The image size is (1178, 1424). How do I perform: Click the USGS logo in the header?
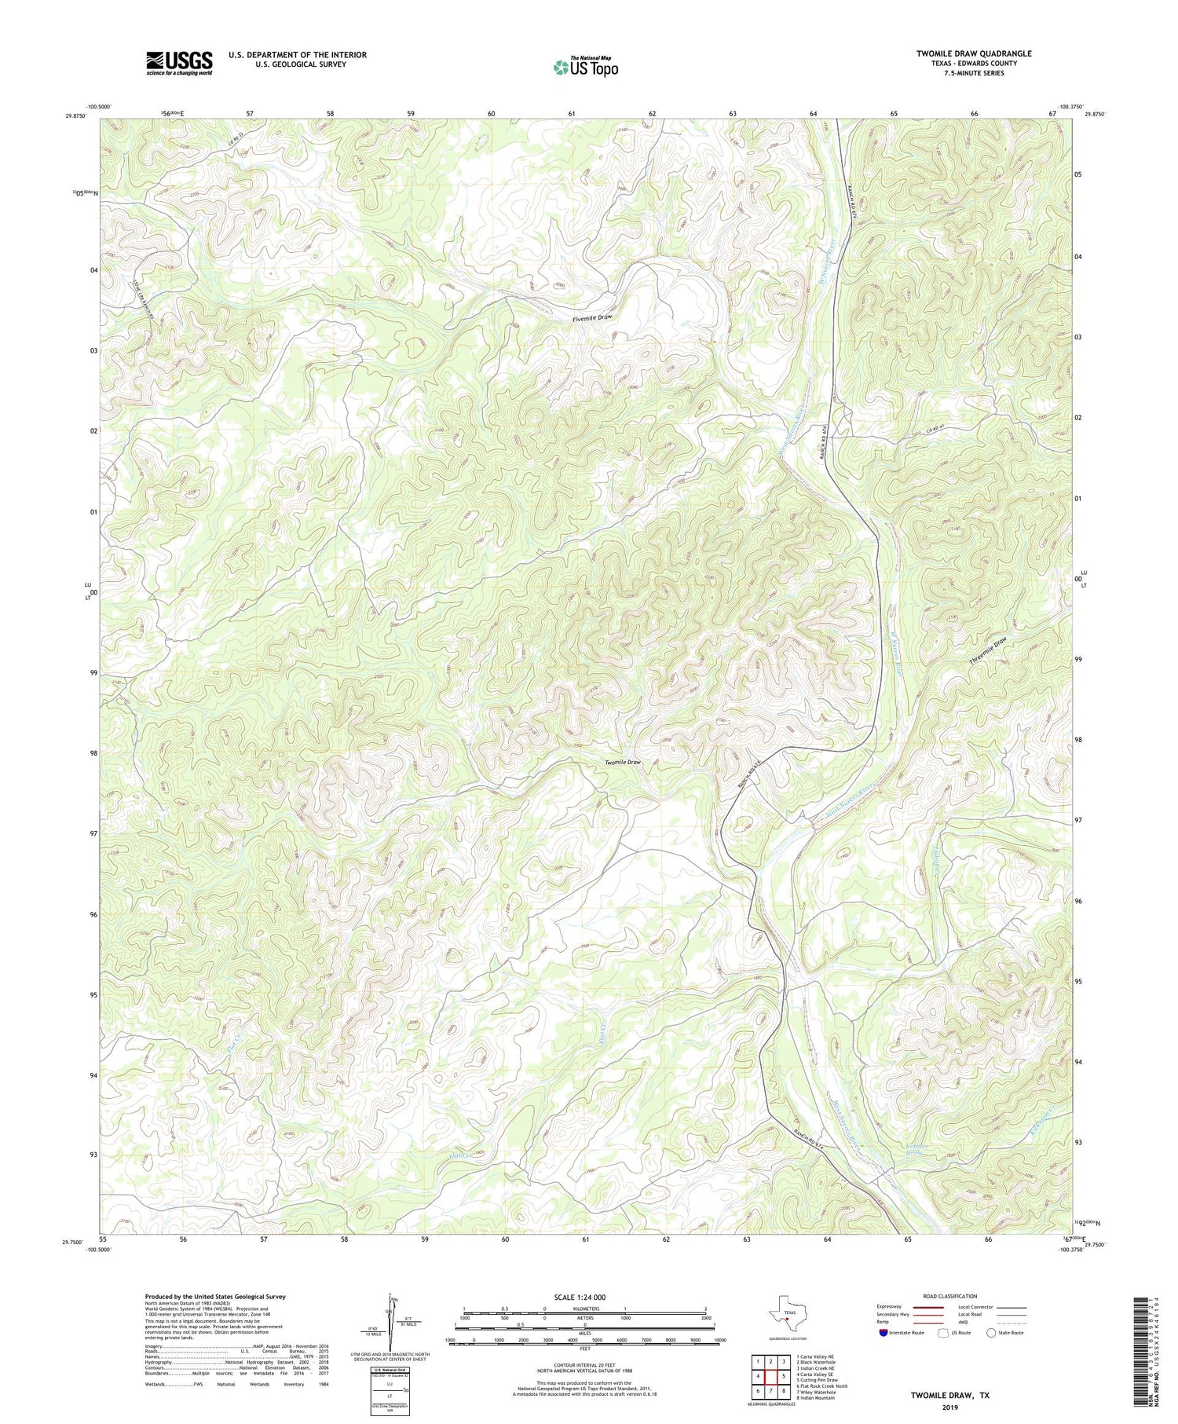(x=179, y=63)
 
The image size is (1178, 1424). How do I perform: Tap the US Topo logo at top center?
(x=584, y=67)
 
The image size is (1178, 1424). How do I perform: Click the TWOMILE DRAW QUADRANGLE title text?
(x=973, y=53)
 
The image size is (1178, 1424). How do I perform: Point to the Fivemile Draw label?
(x=591, y=318)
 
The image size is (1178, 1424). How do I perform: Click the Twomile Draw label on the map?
(x=623, y=762)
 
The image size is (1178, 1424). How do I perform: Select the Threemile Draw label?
(x=987, y=651)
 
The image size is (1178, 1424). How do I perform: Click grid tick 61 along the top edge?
(x=572, y=114)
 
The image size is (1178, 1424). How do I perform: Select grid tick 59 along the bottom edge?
(x=425, y=1239)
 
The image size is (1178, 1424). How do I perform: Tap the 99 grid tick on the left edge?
(x=93, y=673)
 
